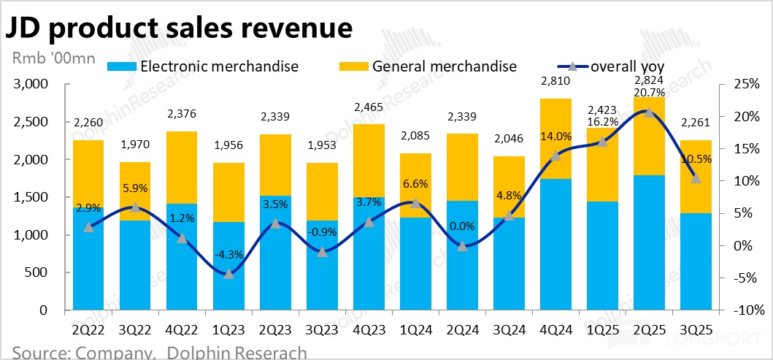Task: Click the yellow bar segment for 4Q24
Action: tap(556, 139)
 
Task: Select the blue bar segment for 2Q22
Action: tap(88, 259)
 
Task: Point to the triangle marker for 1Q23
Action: tap(228, 273)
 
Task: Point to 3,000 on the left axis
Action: tap(31, 85)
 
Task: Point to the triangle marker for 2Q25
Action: tap(649, 112)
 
